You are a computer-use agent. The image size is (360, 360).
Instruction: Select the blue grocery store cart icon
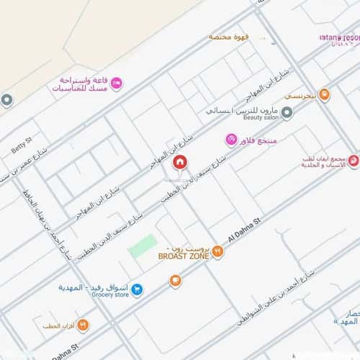coord(137,289)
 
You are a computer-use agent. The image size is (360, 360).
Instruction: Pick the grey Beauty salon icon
coord(287,112)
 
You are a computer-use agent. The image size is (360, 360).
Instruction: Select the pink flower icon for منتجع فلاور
coord(230,139)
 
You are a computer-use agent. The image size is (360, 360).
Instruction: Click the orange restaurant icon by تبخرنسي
coord(324,94)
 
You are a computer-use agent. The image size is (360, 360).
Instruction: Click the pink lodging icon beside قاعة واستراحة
coord(116,84)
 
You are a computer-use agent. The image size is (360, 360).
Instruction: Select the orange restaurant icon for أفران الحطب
coord(83,325)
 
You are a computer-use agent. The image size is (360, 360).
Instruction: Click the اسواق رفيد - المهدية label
coord(94,286)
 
